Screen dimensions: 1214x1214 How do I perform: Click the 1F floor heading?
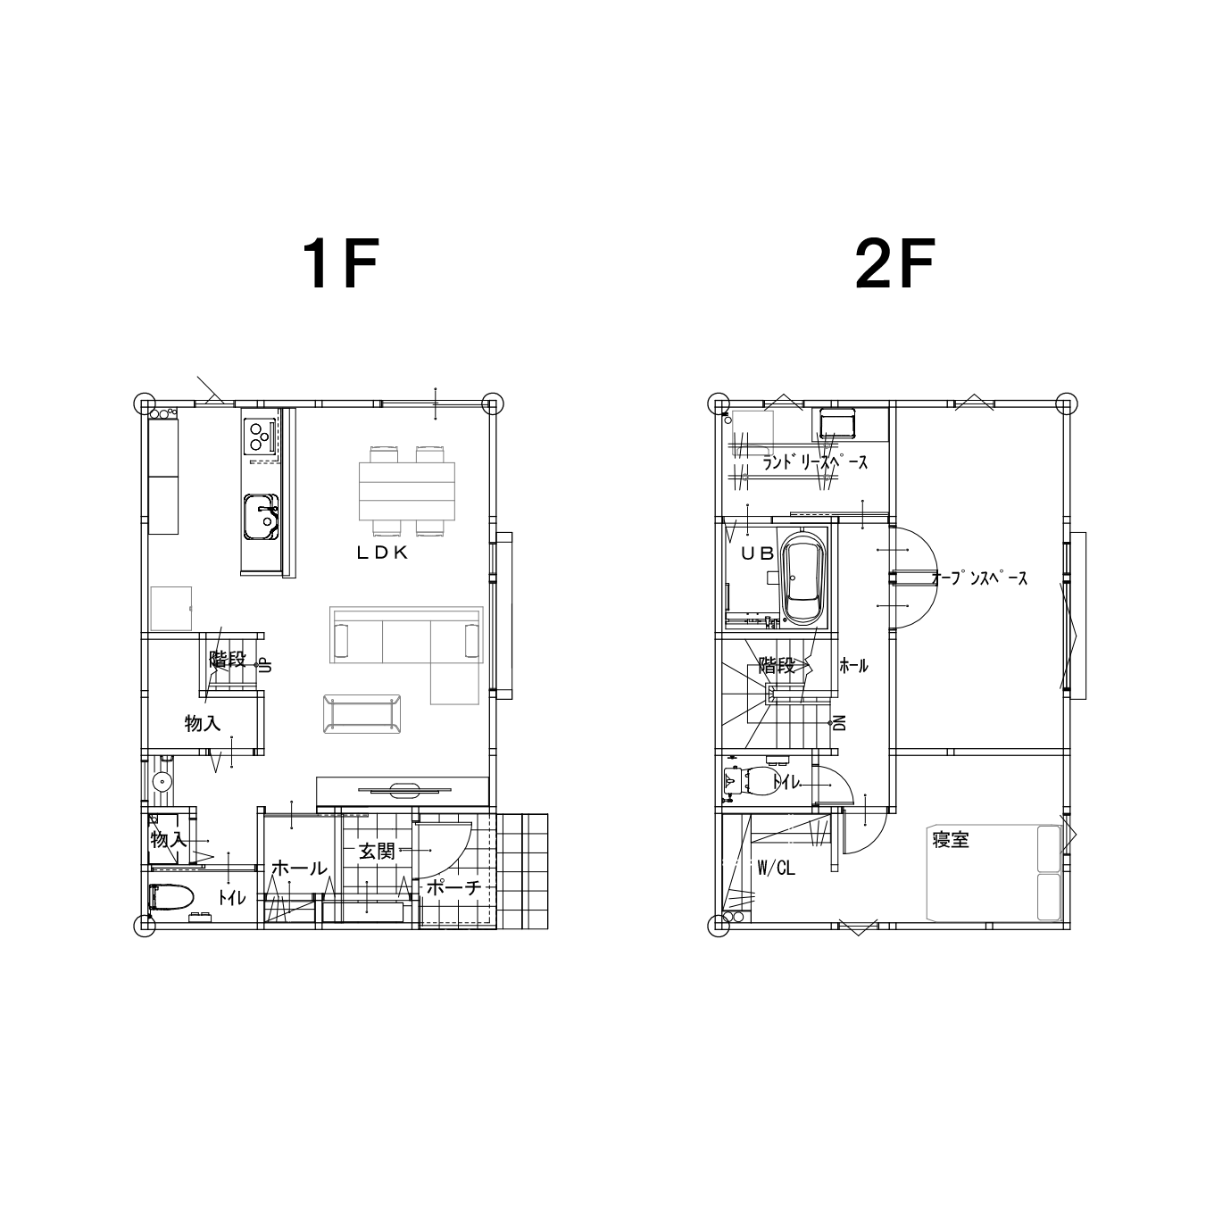click(341, 264)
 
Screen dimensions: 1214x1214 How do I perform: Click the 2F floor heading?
click(894, 264)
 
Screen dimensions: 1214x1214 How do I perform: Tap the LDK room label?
click(383, 553)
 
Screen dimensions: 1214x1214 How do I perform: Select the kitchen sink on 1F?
click(262, 517)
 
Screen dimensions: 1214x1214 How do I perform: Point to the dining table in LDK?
click(407, 491)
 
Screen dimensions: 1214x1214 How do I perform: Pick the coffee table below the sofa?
click(362, 714)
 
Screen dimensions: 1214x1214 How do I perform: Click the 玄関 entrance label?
click(377, 852)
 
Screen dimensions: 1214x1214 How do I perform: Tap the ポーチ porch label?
click(454, 887)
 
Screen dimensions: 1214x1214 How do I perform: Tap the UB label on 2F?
click(757, 553)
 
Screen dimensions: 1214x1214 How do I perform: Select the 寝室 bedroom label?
click(951, 840)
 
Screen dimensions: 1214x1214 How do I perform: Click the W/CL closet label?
click(776, 869)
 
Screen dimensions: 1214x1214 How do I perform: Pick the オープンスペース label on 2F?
click(979, 578)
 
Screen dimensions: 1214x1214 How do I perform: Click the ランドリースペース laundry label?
click(815, 462)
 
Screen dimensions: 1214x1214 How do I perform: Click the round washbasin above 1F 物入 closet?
click(162, 782)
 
